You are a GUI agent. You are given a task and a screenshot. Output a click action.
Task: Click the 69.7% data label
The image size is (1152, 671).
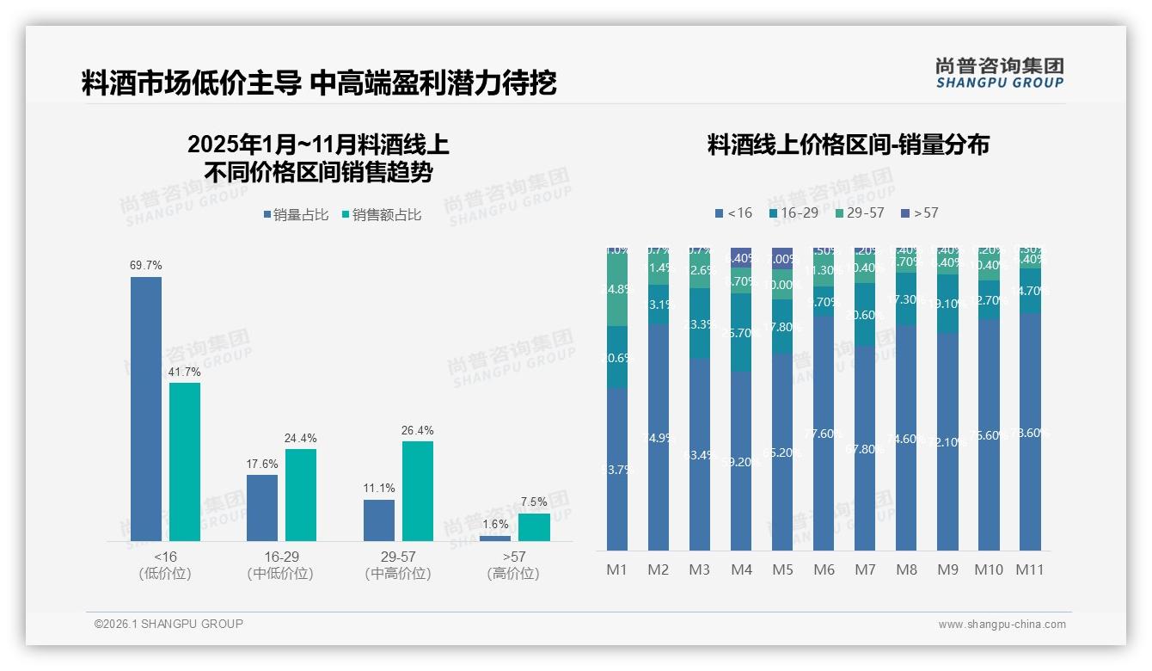pyautogui.click(x=146, y=266)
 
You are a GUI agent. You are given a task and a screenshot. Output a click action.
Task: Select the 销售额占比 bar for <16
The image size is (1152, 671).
pyautogui.click(x=185, y=461)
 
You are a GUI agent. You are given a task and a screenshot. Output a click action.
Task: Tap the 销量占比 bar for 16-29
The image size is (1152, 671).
pyautogui.click(x=262, y=508)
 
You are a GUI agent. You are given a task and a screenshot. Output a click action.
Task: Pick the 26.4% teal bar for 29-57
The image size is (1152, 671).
pyautogui.click(x=418, y=490)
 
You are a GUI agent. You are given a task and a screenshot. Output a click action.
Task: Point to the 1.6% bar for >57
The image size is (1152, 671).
pyautogui.click(x=495, y=539)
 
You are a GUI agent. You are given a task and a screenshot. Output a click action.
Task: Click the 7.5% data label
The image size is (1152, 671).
pyautogui.click(x=534, y=502)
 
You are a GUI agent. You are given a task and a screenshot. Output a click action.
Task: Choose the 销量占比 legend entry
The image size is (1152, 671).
pyautogui.click(x=296, y=215)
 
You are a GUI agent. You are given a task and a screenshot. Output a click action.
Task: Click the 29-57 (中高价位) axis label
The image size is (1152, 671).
pyautogui.click(x=398, y=565)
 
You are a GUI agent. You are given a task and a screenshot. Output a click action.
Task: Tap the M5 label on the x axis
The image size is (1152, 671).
pyautogui.click(x=782, y=569)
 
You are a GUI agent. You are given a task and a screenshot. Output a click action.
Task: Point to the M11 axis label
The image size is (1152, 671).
pyautogui.click(x=1030, y=569)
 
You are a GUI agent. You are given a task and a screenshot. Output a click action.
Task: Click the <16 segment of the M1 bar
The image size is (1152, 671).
pyautogui.click(x=617, y=469)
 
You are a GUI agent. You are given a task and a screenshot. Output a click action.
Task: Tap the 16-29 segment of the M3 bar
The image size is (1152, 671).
pyautogui.click(x=700, y=323)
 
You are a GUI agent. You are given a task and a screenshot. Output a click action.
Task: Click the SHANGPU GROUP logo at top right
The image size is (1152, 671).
pyautogui.click(x=999, y=72)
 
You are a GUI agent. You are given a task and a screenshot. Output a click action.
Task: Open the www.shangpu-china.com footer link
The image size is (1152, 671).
pyautogui.click(x=1002, y=625)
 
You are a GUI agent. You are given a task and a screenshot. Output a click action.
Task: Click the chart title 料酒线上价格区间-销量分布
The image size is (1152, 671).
pyautogui.click(x=848, y=145)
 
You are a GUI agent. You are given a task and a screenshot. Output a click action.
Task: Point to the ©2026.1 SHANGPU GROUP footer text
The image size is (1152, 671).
pyautogui.click(x=169, y=624)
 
